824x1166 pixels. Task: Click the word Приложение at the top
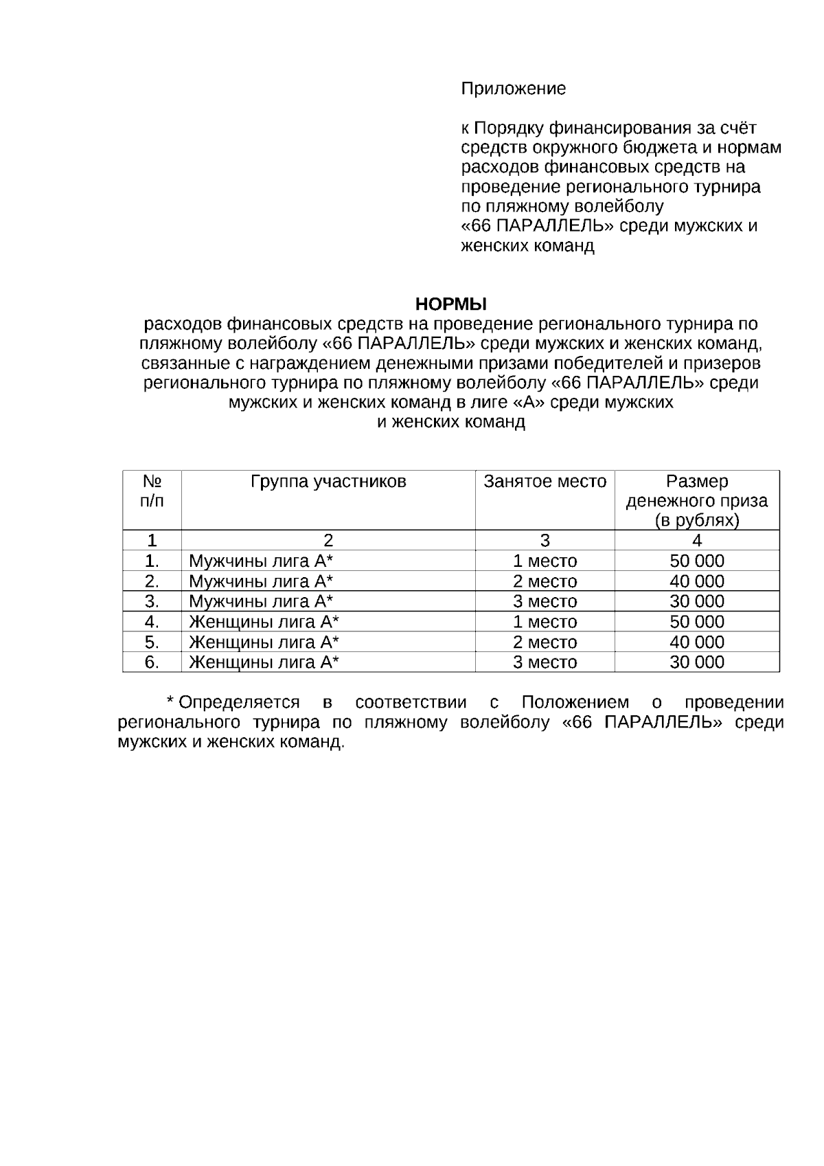(x=513, y=89)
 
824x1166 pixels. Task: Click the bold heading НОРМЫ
(x=451, y=304)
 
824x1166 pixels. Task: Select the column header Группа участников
(x=328, y=482)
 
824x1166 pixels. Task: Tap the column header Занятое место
(x=545, y=482)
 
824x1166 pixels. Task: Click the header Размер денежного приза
(x=697, y=501)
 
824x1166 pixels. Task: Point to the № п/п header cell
(x=152, y=491)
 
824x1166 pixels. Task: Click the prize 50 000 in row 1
(x=697, y=561)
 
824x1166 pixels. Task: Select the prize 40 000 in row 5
(x=697, y=642)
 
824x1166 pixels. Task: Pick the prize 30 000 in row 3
(x=697, y=602)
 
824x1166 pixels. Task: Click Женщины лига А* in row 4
(x=264, y=623)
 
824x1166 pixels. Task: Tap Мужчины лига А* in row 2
(x=261, y=582)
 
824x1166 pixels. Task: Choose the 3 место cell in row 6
(x=545, y=662)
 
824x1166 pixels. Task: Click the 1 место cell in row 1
(x=545, y=561)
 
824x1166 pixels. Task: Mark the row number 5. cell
(x=152, y=642)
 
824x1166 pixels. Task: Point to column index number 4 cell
(x=697, y=541)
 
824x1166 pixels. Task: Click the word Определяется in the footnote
(x=239, y=703)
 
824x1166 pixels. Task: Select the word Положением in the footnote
(x=575, y=703)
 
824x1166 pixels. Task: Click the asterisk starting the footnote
(x=170, y=701)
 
